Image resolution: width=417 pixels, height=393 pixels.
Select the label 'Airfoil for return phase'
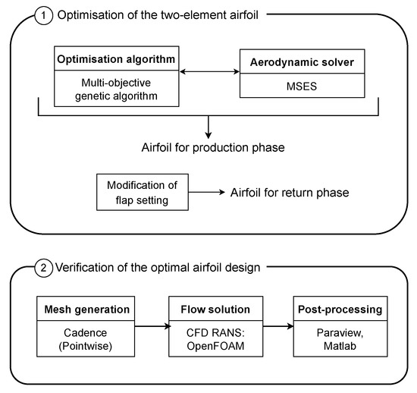(290, 193)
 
